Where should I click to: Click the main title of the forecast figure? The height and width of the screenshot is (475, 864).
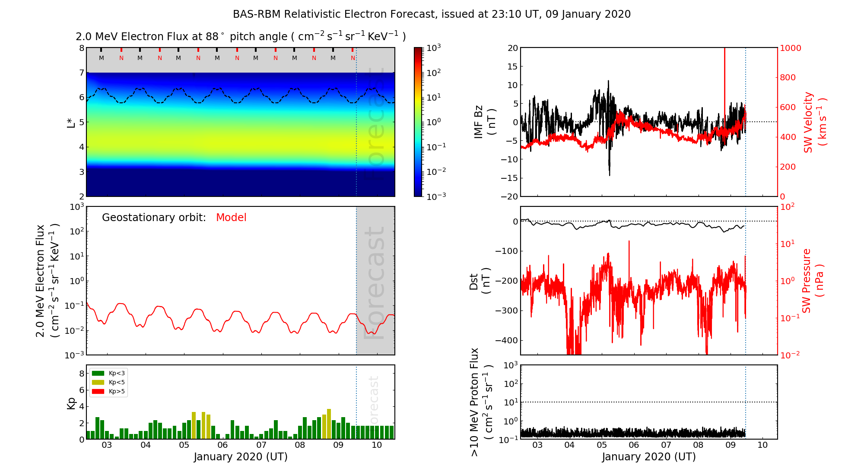tap(432, 14)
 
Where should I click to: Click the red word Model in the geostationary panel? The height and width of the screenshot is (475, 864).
tap(231, 218)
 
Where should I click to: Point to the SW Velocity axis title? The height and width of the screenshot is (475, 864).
tap(814, 122)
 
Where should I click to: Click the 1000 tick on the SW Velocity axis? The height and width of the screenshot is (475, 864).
tap(790, 48)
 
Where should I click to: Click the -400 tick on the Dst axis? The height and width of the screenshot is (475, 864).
tap(506, 340)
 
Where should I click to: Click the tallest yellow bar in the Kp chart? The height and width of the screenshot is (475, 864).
tap(329, 423)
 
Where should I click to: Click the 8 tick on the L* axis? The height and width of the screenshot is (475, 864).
tap(81, 48)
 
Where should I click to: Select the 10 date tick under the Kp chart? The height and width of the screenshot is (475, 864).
tap(377, 445)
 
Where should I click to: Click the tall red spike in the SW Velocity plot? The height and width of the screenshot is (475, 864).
tap(724, 86)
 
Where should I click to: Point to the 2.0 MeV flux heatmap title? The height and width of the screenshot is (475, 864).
tap(241, 37)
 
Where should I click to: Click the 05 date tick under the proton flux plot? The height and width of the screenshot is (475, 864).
tap(602, 445)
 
